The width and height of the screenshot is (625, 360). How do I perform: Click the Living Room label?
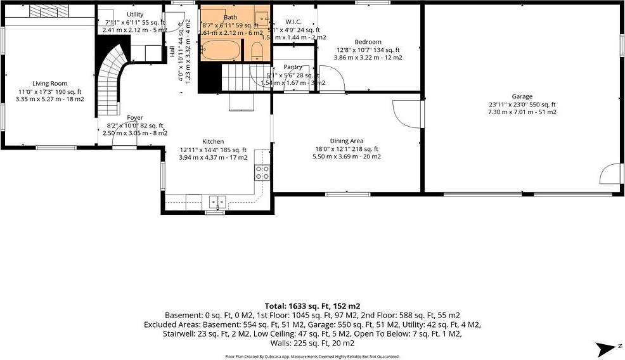[50, 84]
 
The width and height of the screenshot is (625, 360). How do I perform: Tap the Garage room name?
[522, 96]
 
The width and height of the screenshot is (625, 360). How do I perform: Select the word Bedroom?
[368, 42]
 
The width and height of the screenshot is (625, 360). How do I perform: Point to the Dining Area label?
[346, 141]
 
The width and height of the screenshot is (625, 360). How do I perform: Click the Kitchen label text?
[213, 142]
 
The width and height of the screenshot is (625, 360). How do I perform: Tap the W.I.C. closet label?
[293, 22]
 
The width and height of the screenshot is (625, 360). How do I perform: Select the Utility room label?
[135, 15]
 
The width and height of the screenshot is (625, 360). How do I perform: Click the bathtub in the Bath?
[221, 49]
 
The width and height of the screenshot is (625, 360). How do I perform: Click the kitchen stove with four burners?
[262, 172]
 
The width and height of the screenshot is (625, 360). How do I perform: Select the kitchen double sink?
[217, 202]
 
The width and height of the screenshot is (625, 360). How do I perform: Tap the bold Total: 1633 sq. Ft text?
[312, 305]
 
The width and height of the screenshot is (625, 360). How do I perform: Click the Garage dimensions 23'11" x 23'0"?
[522, 105]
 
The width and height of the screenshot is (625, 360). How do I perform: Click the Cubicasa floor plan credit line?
[312, 356]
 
